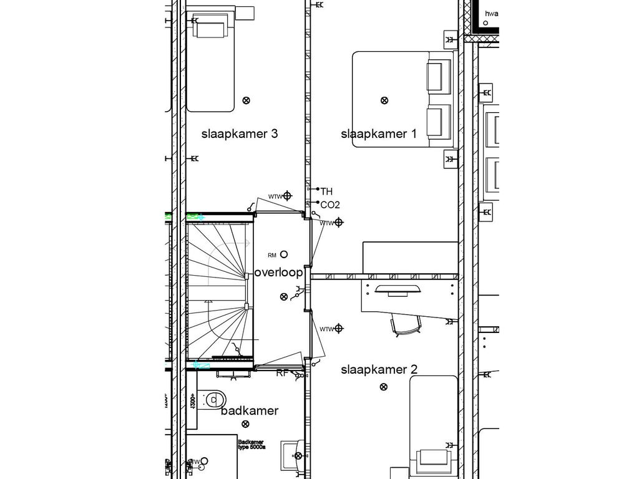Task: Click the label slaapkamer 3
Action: coord(239,133)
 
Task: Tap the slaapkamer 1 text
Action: coord(378,133)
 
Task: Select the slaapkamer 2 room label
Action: coord(378,369)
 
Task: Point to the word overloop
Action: coord(278,273)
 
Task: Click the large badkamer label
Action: coord(249,410)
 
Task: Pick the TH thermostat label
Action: coord(326,191)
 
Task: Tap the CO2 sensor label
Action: coord(330,205)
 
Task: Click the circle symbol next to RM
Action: coord(284,254)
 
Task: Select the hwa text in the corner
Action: coord(491,13)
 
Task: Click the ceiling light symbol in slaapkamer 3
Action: coord(246,100)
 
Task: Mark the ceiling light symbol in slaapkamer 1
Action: coord(384,100)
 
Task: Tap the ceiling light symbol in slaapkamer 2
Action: coord(383,387)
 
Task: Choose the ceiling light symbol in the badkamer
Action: coord(245,424)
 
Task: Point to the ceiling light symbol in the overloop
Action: coord(284,297)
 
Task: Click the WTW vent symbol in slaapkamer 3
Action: coord(287,196)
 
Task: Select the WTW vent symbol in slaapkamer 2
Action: coord(339,328)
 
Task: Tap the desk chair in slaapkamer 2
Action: coord(406,324)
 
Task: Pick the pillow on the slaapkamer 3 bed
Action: coord(211,29)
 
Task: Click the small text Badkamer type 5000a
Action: coord(251,445)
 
